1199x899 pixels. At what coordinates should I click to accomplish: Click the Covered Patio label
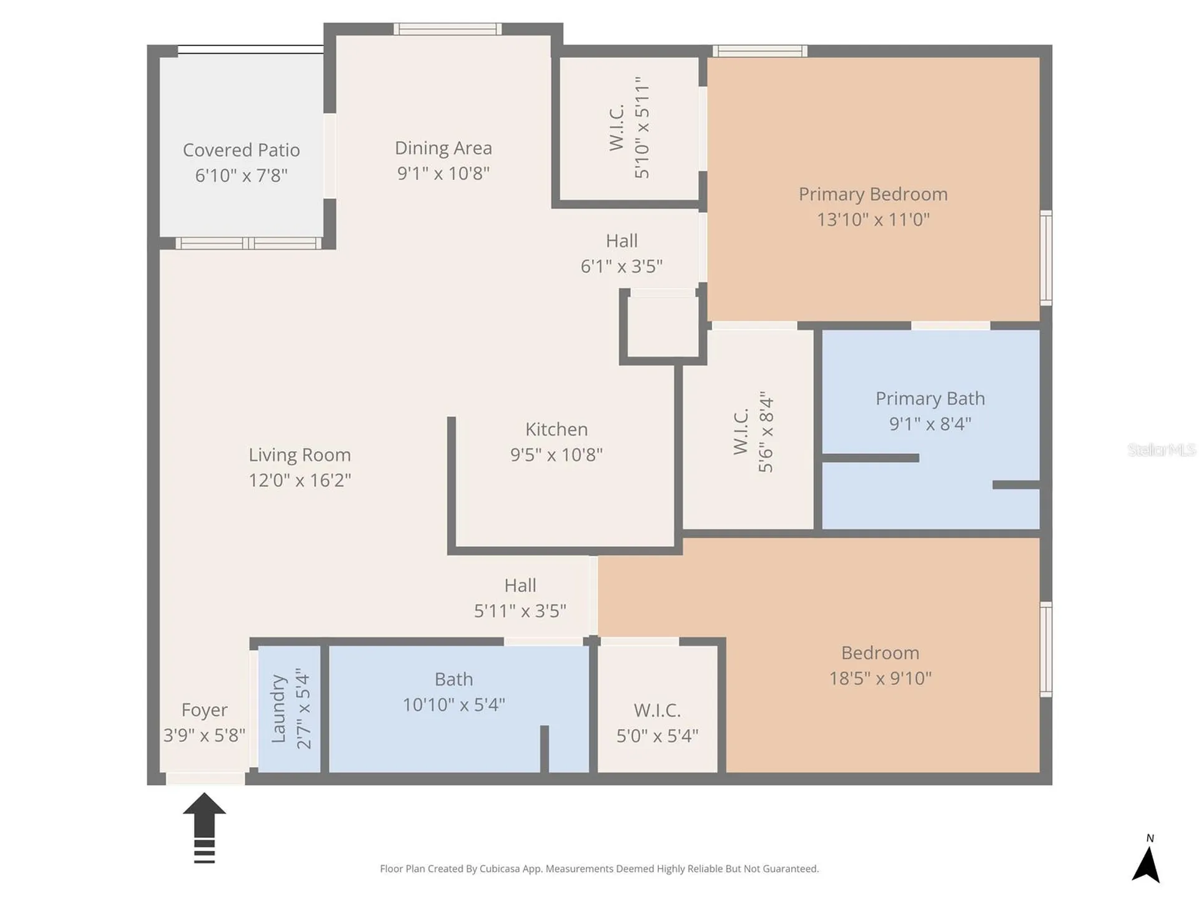coord(241,150)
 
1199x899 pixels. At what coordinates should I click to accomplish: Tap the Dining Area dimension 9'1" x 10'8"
coord(443,173)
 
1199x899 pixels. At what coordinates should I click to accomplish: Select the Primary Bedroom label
coord(873,194)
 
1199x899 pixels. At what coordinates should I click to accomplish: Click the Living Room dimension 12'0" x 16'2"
coord(300,480)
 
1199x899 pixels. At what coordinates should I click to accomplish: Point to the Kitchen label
coord(556,430)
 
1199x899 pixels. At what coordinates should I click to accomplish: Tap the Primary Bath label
coord(930,398)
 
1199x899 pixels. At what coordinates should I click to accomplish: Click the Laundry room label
coord(278,709)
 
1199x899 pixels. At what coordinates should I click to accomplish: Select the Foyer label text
coord(204,710)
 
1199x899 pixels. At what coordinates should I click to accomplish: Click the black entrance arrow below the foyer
coord(204,827)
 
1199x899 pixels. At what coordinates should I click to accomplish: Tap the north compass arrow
coord(1146,864)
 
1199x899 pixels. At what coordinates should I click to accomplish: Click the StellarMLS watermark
coord(1162,449)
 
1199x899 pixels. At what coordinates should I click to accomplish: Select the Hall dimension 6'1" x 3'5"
coord(621,267)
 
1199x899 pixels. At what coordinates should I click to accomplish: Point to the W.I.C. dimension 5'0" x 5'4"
coord(657,735)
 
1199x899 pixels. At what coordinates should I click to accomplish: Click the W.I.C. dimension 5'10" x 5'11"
coord(642,127)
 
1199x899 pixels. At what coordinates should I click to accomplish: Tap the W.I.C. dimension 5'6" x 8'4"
coord(766,431)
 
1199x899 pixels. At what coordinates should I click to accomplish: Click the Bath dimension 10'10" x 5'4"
coord(454,705)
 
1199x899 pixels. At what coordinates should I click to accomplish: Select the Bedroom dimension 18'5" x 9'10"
coord(880,679)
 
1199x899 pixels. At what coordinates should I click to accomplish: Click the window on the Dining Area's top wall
coord(448,29)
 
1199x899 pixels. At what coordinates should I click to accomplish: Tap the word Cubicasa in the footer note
coord(500,868)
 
